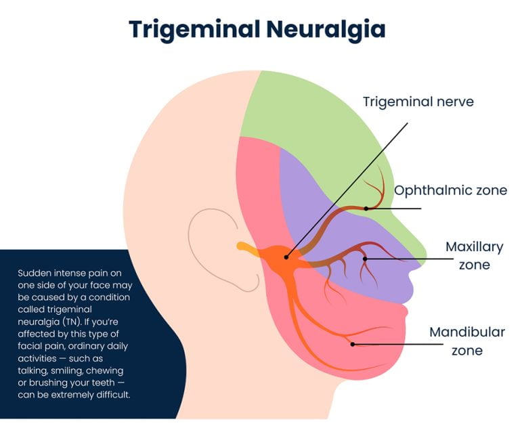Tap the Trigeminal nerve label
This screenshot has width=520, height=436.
418,102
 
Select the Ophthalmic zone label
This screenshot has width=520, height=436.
450,190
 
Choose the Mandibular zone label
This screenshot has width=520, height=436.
467,341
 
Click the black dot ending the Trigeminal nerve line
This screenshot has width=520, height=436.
286,257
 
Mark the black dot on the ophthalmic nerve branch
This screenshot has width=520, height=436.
366,208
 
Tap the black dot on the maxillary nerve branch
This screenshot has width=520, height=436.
365,258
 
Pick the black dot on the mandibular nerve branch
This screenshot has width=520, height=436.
352,344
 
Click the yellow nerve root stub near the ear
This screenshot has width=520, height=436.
245,248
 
